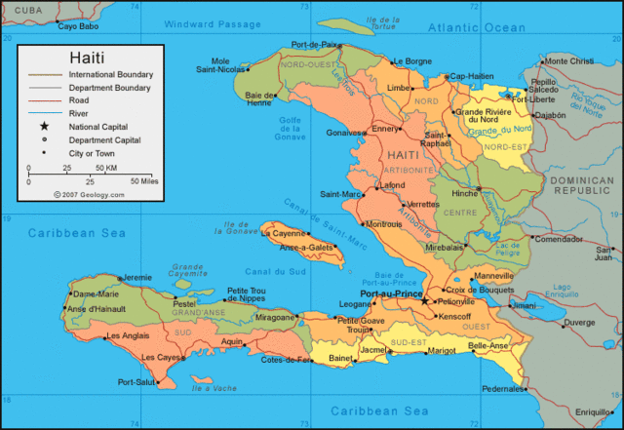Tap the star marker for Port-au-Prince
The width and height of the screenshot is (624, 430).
[x=424, y=301]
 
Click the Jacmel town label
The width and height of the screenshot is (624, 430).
[x=374, y=349]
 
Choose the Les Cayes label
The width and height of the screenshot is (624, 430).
[x=161, y=357]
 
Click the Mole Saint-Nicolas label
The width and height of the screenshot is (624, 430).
[x=220, y=64]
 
